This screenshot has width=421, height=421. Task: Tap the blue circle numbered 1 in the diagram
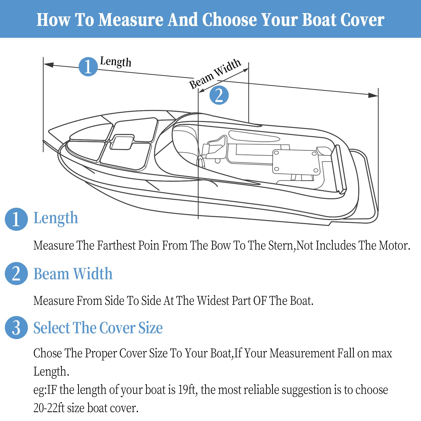88,67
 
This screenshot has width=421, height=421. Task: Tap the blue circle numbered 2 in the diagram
219,95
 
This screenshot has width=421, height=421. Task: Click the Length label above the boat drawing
116,62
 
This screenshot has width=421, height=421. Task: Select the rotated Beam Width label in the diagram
215,73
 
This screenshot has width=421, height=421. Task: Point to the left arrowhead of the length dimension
48,65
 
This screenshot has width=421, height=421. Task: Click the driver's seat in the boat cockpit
216,148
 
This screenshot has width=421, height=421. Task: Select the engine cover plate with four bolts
296,162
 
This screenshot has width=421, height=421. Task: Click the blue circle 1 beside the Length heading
16,219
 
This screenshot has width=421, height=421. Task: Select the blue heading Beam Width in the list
73,274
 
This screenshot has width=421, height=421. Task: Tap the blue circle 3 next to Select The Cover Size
16,327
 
